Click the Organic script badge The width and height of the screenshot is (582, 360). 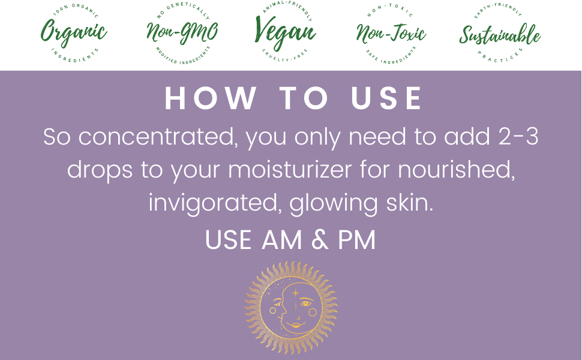[73, 33]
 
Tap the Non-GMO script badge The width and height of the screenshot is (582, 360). [182, 33]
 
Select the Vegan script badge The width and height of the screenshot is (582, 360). [285, 32]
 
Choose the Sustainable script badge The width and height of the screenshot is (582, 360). [500, 33]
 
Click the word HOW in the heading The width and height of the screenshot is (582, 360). [211, 98]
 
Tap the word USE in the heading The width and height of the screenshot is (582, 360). [386, 98]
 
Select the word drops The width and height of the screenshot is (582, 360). [100, 170]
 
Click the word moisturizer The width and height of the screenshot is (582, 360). [290, 170]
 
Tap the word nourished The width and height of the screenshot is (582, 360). [457, 170]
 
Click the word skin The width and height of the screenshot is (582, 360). [410, 203]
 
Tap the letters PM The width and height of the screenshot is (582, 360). [356, 240]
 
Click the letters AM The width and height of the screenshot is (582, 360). [282, 240]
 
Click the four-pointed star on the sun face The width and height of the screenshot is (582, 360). [295, 293]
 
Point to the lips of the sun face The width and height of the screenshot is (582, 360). [295, 325]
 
